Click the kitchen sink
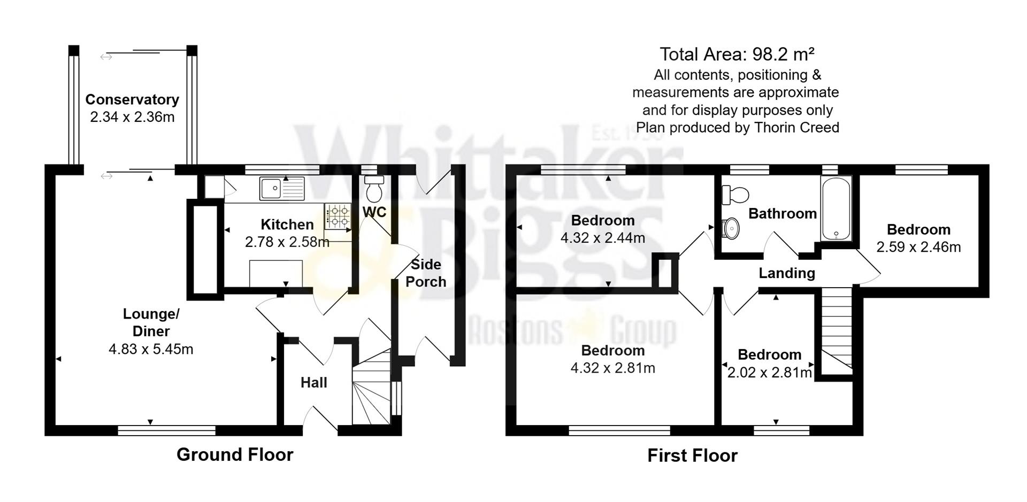pyautogui.click(x=281, y=188)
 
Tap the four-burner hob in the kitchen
pyautogui.click(x=338, y=216)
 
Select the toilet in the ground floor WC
pyautogui.click(x=374, y=189)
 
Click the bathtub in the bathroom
pyautogui.click(x=836, y=209)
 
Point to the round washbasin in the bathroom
pyautogui.click(x=730, y=229)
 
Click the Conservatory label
pyautogui.click(x=132, y=99)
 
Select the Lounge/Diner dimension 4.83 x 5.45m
pyautogui.click(x=151, y=350)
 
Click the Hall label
pyautogui.click(x=313, y=383)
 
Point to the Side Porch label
pyautogui.click(x=426, y=273)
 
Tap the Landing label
pyautogui.click(x=787, y=273)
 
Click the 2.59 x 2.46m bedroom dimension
pyautogui.click(x=918, y=248)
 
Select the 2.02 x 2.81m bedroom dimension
pyautogui.click(x=769, y=373)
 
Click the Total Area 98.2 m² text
pyautogui.click(x=737, y=54)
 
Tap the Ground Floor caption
pyautogui.click(x=235, y=455)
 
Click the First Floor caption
pyautogui.click(x=692, y=455)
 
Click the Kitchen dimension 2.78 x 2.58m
pyautogui.click(x=287, y=242)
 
